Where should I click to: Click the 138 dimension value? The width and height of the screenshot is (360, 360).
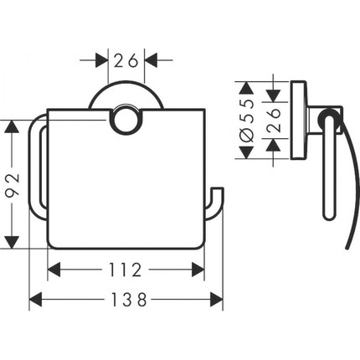[129, 300]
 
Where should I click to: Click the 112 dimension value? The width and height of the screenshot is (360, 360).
[125, 270]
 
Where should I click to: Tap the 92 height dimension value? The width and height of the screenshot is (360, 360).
[13, 184]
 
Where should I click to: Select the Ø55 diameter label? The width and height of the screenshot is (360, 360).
[247, 120]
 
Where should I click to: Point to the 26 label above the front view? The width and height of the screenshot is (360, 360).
[126, 60]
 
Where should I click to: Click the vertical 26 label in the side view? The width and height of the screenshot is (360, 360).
[273, 120]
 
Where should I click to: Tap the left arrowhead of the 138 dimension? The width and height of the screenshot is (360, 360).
[35, 300]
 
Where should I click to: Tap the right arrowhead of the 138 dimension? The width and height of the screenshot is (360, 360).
[217, 300]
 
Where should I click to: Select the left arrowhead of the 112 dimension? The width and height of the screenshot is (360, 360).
[54, 270]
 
